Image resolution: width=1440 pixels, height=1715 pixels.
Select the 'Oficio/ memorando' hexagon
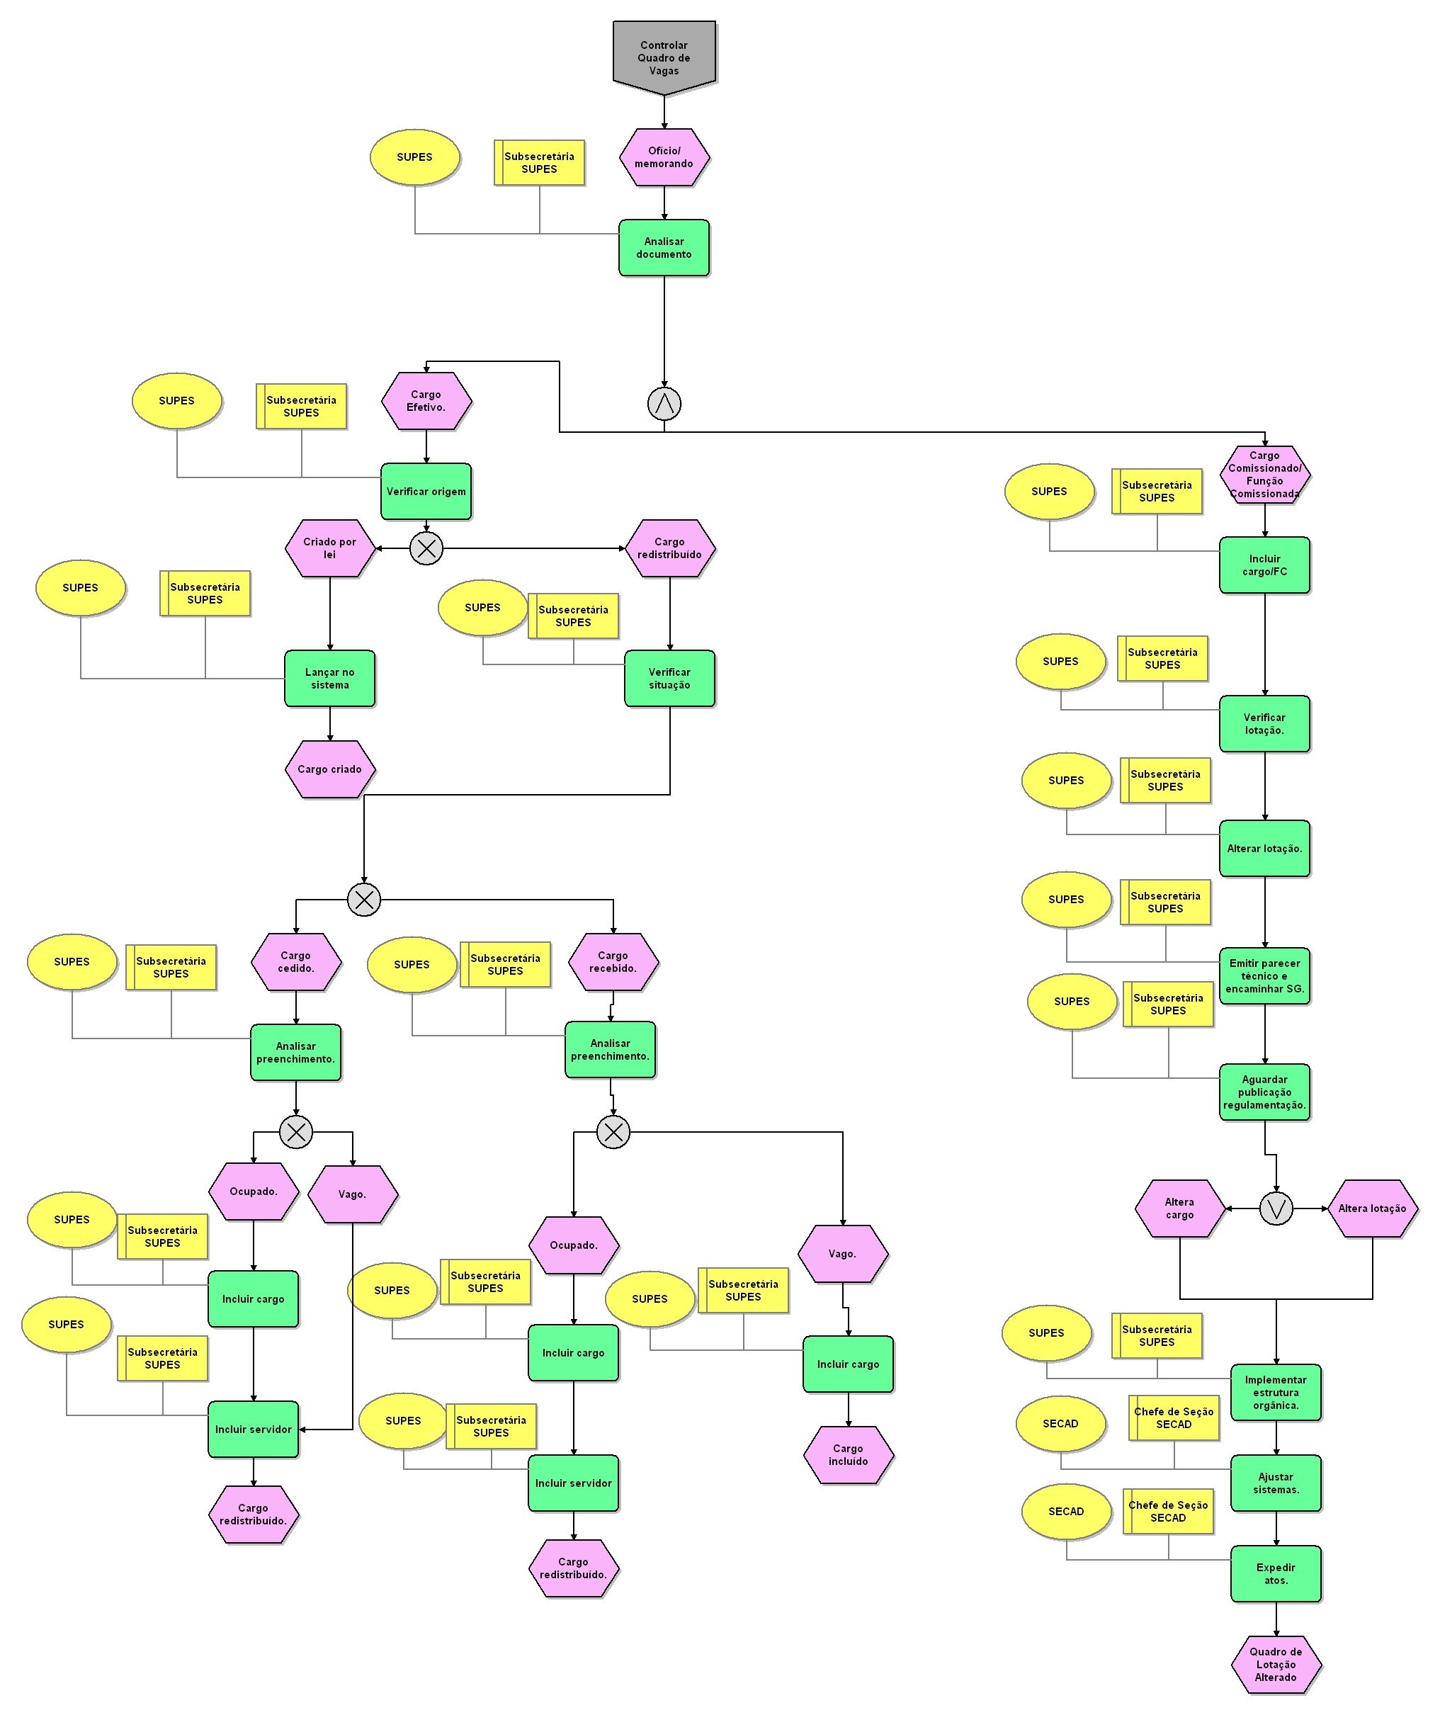[x=664, y=157]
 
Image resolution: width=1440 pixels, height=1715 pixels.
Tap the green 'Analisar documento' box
[x=664, y=247]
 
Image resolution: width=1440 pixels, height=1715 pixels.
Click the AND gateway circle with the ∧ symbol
[x=664, y=404]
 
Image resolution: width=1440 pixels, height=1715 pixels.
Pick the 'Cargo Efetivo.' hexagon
[x=426, y=401]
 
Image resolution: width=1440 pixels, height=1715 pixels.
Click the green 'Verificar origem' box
[x=426, y=492]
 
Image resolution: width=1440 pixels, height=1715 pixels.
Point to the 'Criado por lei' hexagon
[x=330, y=548]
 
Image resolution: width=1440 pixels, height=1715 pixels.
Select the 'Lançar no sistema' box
[x=330, y=679]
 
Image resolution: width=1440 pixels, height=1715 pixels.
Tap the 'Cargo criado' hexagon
[x=330, y=769]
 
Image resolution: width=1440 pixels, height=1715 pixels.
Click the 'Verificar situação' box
[x=670, y=679]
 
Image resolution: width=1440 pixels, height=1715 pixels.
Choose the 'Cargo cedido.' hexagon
[x=295, y=962]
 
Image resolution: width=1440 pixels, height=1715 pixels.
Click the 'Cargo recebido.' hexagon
[x=613, y=962]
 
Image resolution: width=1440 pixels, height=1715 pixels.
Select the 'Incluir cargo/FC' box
[x=1264, y=565]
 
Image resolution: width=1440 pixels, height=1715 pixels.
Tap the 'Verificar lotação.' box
[x=1264, y=723]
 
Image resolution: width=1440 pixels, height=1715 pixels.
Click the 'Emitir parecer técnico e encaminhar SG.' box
[x=1264, y=976]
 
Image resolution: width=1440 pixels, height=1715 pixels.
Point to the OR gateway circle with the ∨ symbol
[x=1276, y=1209]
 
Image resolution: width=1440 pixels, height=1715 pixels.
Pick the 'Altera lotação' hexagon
[x=1372, y=1209]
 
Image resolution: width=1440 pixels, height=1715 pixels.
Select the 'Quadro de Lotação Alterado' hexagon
[x=1276, y=1665]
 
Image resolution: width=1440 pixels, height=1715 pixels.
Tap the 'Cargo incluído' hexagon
[x=849, y=1455]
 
